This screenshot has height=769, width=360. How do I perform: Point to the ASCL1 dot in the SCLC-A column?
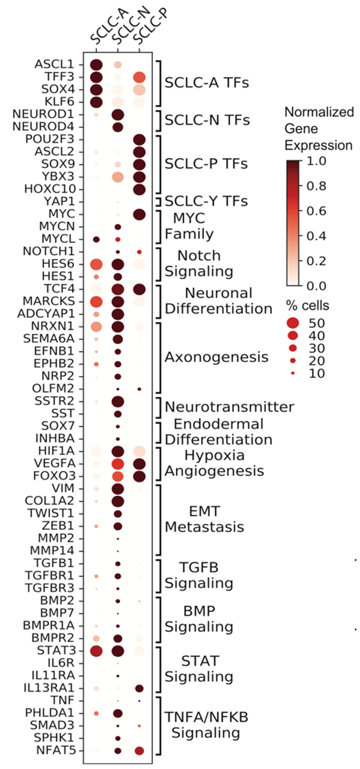coord(95,65)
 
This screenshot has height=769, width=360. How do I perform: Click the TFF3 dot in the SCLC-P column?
coord(139,77)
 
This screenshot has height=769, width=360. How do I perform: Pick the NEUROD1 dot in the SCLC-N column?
coord(118,115)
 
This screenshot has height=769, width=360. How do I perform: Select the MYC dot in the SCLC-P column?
coord(139,214)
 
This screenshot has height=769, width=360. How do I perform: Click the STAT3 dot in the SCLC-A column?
coord(95,651)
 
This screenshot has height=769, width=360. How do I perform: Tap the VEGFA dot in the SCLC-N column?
coord(118,464)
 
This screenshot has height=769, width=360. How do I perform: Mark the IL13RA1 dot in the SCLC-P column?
coord(139,688)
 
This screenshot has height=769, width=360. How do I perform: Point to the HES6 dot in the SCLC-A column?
coord(95,264)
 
